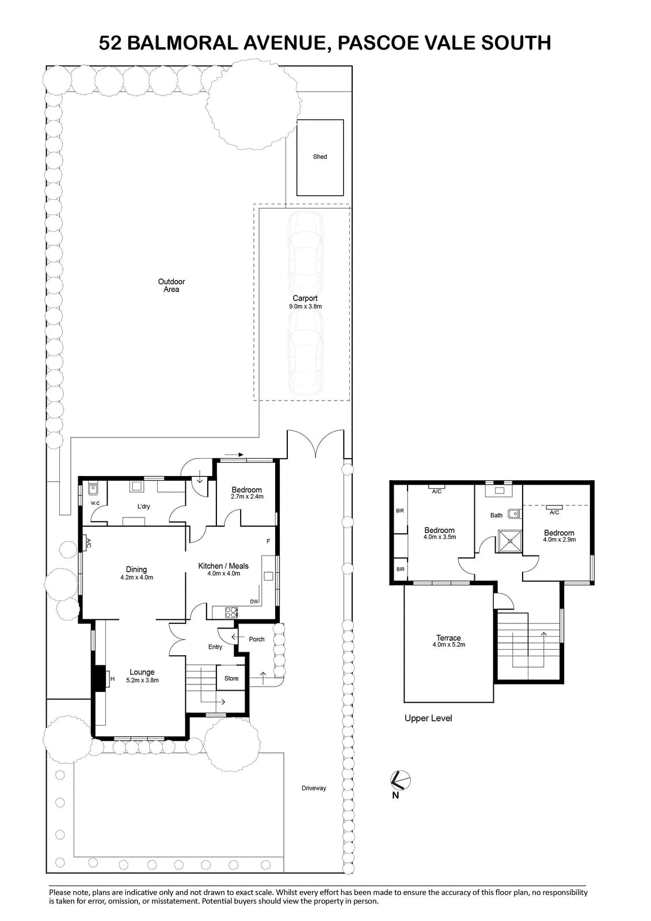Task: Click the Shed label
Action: coord(319,157)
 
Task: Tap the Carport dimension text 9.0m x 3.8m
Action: coord(305,306)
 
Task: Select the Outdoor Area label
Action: coord(171,286)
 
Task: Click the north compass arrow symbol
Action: coord(400,780)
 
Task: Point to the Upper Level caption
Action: coord(428,718)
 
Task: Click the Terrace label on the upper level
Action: coord(448,638)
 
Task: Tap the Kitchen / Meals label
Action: coord(223,566)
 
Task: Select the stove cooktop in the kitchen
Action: coord(231,612)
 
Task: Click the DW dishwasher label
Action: coord(254,602)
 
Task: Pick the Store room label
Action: coord(231,679)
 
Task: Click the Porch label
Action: coord(257,640)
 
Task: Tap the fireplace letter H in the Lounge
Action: coord(112,679)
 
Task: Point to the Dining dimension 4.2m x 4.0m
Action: coord(136,577)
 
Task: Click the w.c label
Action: coord(95,503)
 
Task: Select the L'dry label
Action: coord(143,506)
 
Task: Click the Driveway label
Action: coord(314,788)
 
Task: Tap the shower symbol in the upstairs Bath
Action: coord(510,542)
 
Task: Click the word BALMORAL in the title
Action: coord(182,43)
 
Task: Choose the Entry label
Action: coord(215,647)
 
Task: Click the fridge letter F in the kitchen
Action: coord(269,541)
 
